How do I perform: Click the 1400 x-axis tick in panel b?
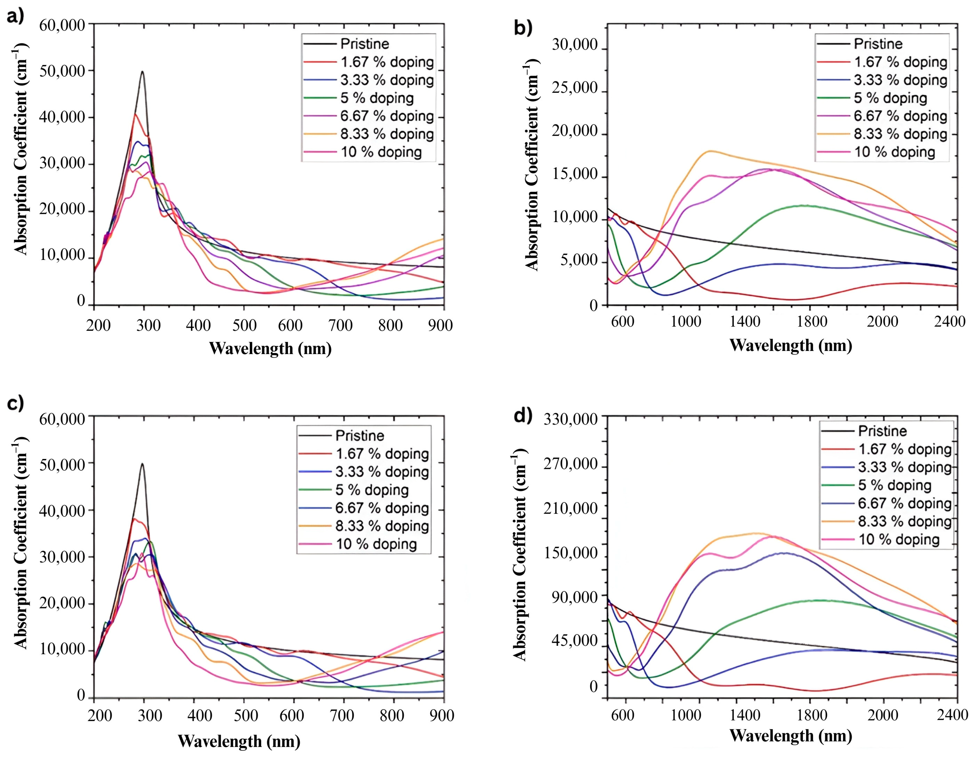[745, 321]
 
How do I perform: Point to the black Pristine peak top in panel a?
[142, 71]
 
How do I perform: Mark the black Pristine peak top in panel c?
[142, 463]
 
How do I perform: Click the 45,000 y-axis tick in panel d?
[574, 641]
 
